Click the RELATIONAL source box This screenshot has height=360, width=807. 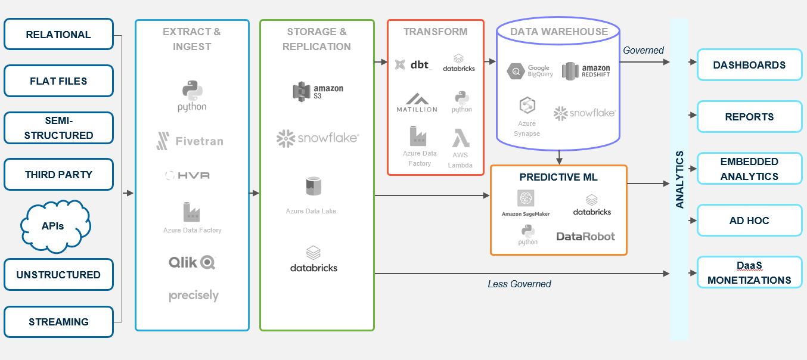point(58,35)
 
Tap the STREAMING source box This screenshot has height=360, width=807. point(58,322)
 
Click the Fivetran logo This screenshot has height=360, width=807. point(190,141)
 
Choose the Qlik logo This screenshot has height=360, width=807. point(191,262)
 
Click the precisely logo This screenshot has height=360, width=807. point(193,296)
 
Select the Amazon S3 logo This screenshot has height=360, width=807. point(317,92)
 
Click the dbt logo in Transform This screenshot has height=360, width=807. point(413,65)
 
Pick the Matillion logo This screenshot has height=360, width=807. point(417,103)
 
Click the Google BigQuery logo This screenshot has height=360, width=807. point(530,71)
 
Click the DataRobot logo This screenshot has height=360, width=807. point(585,236)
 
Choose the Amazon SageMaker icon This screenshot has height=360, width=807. point(526,198)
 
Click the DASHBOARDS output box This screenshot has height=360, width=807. point(749,65)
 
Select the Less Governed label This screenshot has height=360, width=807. point(519,284)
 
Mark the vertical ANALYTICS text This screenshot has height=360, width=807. point(679,179)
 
